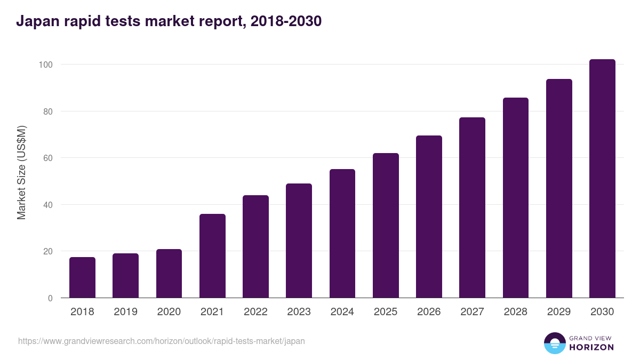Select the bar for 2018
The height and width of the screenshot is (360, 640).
(82, 277)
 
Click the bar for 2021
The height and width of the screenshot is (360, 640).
(212, 256)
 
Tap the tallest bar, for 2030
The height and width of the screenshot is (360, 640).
(602, 179)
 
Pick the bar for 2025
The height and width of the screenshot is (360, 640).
(386, 226)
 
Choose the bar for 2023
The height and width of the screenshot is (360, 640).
(299, 241)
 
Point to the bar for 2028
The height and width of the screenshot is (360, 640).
(515, 198)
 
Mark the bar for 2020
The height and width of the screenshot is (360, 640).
(169, 274)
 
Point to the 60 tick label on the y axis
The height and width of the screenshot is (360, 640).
(47, 158)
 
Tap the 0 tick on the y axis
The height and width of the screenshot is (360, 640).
(50, 298)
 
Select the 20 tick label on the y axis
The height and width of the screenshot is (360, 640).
(47, 251)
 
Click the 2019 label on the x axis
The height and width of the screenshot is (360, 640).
(125, 312)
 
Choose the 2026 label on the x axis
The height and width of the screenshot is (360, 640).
(429, 312)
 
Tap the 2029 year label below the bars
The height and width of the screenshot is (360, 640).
(559, 312)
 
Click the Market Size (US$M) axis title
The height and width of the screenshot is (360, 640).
(21, 172)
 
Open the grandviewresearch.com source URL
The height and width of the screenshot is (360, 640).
(162, 341)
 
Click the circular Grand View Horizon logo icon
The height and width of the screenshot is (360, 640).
(554, 343)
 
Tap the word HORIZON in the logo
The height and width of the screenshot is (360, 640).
(591, 347)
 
